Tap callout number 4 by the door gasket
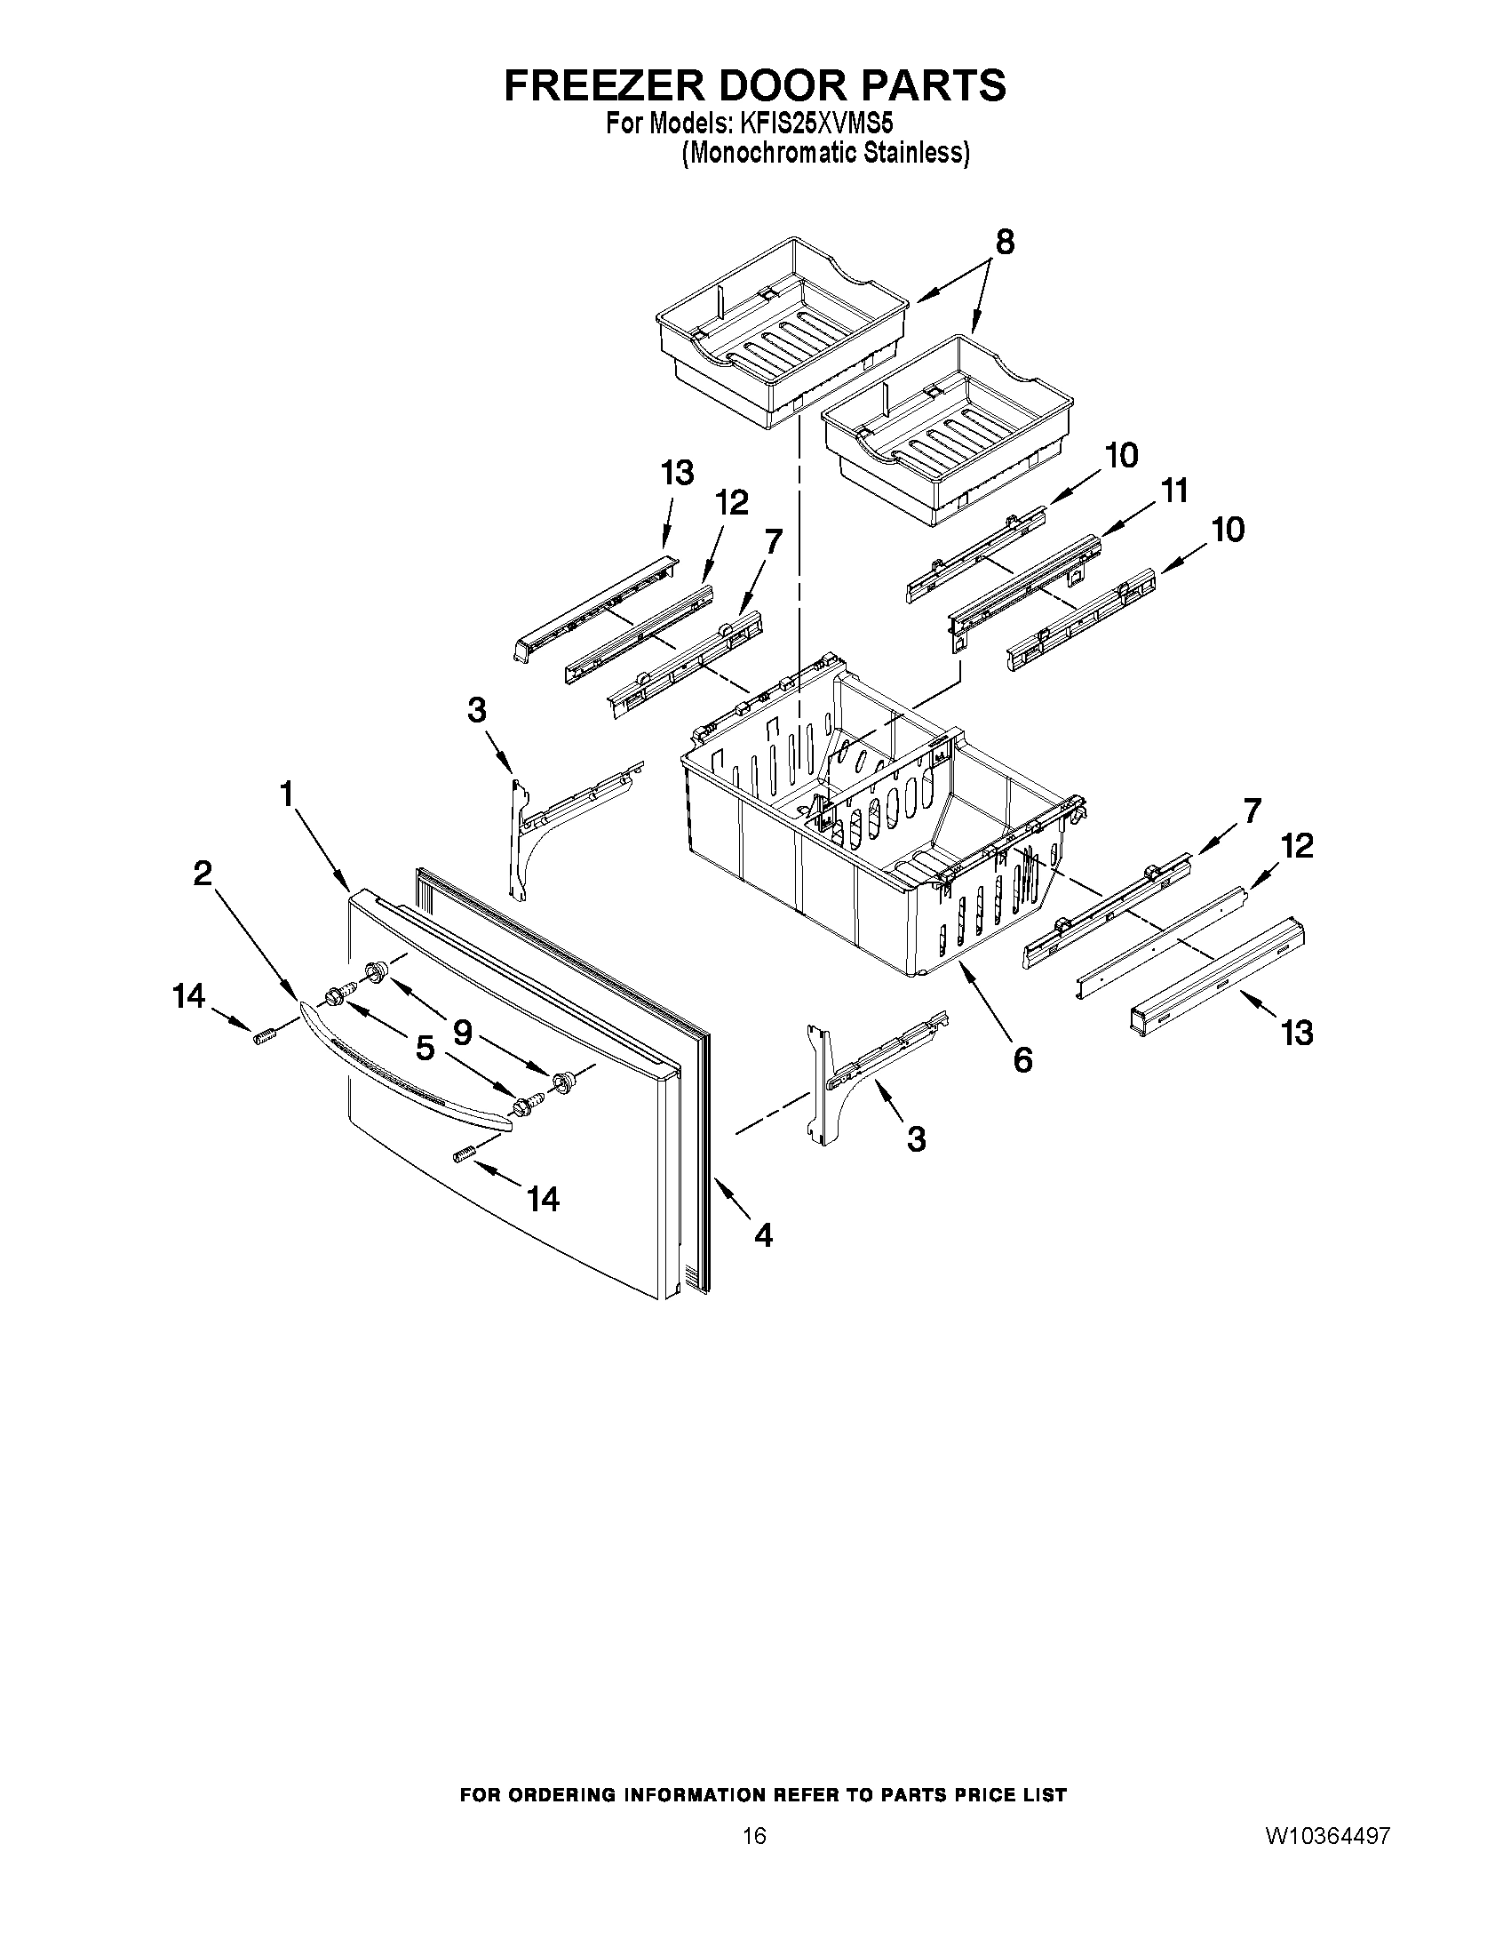click(x=763, y=1235)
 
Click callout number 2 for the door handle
click(x=203, y=873)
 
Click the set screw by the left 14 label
click(x=264, y=1036)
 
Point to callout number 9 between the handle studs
click(x=462, y=1033)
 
